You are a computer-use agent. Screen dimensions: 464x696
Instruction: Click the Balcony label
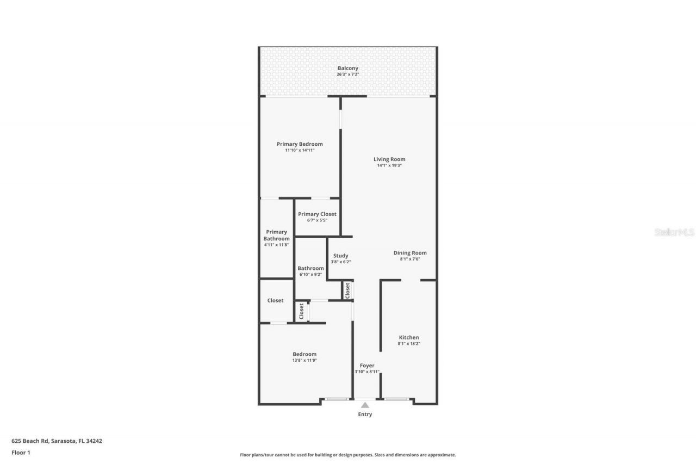(x=347, y=68)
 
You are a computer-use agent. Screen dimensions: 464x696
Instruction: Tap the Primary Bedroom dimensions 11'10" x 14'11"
(x=300, y=150)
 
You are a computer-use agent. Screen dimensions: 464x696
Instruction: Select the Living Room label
(x=389, y=159)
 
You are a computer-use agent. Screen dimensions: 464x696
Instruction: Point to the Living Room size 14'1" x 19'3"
(x=389, y=165)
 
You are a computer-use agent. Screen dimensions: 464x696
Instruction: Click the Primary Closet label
(x=317, y=214)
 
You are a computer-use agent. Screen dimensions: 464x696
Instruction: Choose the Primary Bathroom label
(x=276, y=235)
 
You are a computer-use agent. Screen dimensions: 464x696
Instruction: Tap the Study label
(x=341, y=256)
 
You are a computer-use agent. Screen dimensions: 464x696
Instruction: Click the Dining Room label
(x=410, y=253)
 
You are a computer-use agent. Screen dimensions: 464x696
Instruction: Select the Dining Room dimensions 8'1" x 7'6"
(x=410, y=259)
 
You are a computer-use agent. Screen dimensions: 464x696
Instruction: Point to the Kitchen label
(x=409, y=337)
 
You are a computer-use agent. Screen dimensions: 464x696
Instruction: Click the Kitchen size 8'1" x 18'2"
(x=409, y=344)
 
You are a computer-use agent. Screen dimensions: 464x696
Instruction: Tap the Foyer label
(x=367, y=366)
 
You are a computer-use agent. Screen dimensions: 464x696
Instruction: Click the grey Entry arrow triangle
(x=365, y=405)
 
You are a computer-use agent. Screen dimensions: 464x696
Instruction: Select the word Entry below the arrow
(x=365, y=414)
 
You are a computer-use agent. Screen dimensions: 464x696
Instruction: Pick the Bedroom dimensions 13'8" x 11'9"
(x=304, y=360)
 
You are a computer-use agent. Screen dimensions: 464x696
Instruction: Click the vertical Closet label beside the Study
(x=347, y=290)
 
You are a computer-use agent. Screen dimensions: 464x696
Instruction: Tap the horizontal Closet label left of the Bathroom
(x=275, y=300)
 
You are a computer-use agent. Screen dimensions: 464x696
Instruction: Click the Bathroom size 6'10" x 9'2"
(x=310, y=275)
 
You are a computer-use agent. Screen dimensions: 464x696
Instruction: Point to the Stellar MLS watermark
(x=674, y=232)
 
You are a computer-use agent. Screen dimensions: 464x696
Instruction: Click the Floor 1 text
(x=21, y=452)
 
